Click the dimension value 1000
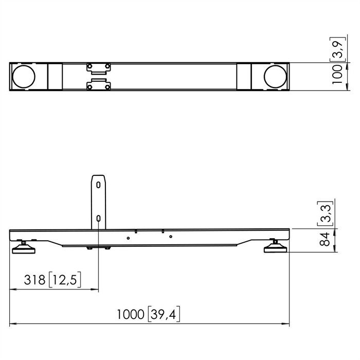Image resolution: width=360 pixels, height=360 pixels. coord(131,314)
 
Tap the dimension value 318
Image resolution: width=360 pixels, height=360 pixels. coord(34,280)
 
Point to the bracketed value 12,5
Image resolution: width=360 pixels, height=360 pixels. coord(65,280)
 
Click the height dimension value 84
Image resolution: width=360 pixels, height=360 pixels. coord(325,239)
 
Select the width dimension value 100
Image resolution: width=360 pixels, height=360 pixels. coord(337,75)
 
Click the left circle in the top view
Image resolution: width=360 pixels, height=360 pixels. coord(24,77)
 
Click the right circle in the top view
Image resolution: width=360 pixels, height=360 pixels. coord(276,77)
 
